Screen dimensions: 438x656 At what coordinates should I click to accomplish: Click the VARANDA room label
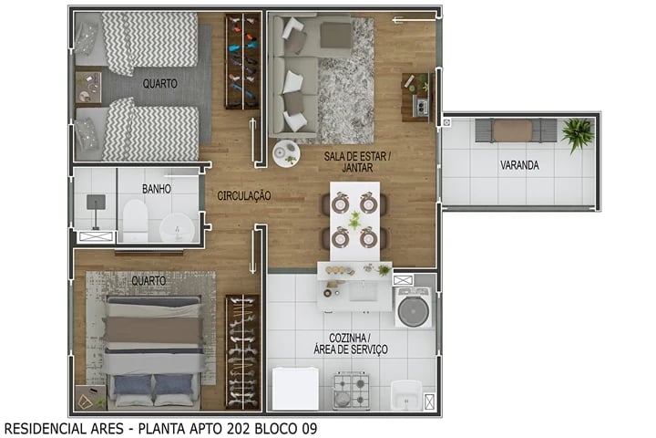(x=518, y=166)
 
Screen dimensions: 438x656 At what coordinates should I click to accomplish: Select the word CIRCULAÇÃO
(x=243, y=195)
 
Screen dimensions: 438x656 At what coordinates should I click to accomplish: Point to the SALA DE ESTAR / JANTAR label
(x=357, y=162)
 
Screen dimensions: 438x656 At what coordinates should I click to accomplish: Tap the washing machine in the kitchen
(x=412, y=308)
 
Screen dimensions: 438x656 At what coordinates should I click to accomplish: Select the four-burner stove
(x=352, y=391)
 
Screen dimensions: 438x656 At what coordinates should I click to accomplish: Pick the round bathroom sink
(x=172, y=227)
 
